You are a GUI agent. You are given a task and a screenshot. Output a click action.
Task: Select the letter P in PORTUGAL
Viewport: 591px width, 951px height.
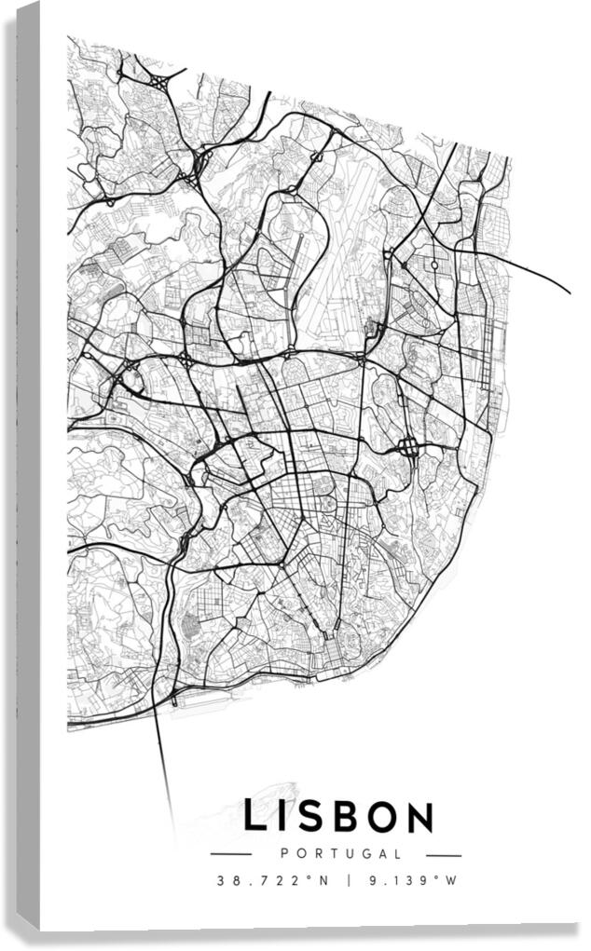(x=284, y=853)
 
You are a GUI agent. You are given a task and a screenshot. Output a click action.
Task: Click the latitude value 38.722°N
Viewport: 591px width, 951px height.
(x=273, y=880)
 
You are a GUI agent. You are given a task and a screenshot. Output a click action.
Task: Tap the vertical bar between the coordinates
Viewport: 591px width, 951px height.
(x=350, y=880)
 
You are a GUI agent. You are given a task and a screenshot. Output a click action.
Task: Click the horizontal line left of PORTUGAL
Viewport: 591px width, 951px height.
(x=231, y=854)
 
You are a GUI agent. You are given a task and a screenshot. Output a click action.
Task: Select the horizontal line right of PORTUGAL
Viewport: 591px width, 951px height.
(x=444, y=854)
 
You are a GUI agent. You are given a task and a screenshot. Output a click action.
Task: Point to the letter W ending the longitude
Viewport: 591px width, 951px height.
(x=454, y=880)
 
